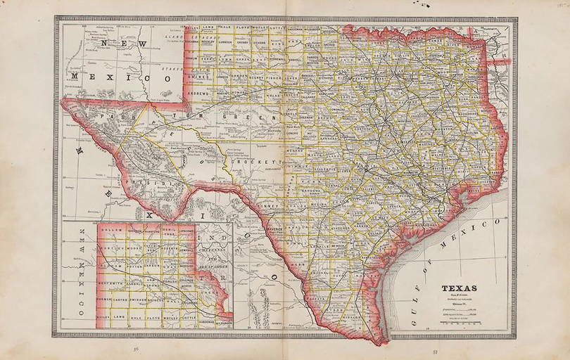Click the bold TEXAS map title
(x=459, y=288)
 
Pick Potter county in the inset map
(x=133, y=267)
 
